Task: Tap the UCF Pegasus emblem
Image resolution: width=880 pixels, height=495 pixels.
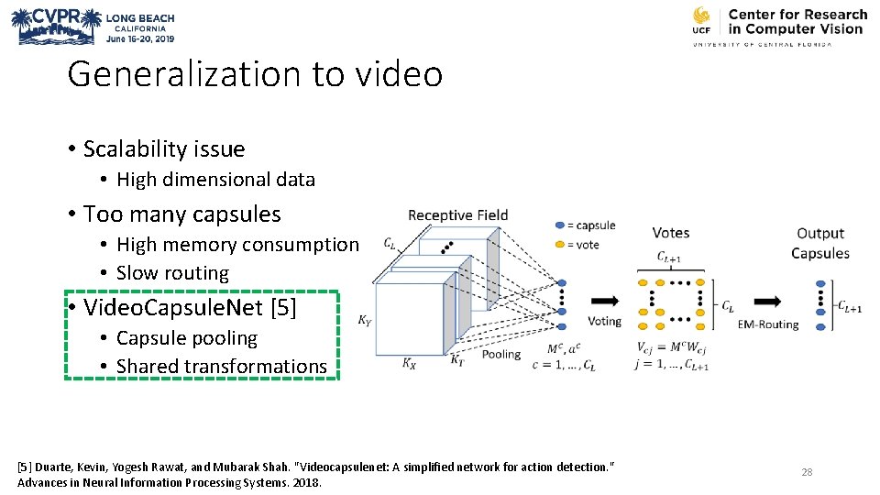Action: [x=701, y=20]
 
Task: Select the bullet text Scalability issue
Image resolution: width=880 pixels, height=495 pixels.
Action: [x=164, y=148]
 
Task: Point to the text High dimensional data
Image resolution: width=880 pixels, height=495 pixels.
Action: [x=215, y=180]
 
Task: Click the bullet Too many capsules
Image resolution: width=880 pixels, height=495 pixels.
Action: [x=181, y=214]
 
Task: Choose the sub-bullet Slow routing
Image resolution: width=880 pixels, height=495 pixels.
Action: [x=172, y=273]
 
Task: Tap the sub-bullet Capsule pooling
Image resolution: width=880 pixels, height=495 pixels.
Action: [x=186, y=338]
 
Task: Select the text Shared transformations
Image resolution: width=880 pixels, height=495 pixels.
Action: [x=221, y=367]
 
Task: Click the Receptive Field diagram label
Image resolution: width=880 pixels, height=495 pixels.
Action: [x=457, y=215]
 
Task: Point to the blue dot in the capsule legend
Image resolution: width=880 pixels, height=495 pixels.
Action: [x=560, y=225]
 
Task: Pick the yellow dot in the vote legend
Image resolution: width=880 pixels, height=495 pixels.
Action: [x=560, y=245]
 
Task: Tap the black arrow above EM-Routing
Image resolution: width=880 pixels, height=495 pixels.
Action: [x=767, y=302]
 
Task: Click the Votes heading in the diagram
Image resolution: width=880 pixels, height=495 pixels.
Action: [x=671, y=234]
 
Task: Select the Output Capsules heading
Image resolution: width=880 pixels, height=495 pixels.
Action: [x=820, y=243]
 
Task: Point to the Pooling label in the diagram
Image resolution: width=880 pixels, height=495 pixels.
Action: [x=500, y=354]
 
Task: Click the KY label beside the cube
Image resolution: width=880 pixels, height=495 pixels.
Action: [x=365, y=322]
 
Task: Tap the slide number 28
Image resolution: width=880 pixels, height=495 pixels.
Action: [x=807, y=472]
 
